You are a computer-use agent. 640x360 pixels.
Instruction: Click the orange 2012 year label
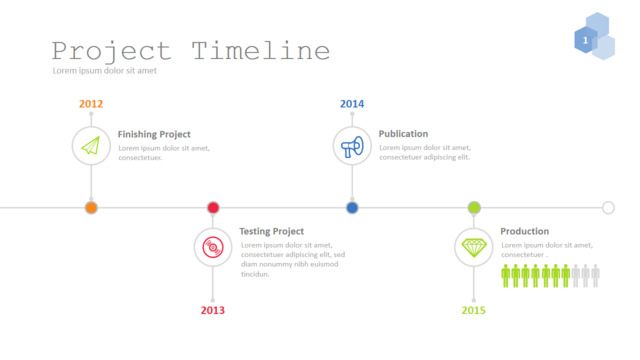91,104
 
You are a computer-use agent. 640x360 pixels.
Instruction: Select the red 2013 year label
212,310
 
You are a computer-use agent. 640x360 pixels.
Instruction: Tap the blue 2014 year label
352,104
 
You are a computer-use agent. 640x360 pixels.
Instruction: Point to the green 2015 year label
473,310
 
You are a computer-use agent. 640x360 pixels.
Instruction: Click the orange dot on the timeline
91,208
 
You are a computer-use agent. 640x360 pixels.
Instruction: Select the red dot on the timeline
213,208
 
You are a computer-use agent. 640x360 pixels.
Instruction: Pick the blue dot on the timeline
352,208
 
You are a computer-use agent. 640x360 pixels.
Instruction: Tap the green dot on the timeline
474,208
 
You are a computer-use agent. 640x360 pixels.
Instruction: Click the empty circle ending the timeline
608,203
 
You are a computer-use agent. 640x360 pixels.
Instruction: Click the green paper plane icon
91,146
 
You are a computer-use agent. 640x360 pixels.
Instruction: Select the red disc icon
213,247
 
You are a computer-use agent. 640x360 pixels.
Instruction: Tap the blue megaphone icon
352,147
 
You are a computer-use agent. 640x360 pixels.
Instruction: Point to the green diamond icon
474,248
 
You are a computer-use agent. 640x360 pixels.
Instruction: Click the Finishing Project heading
154,134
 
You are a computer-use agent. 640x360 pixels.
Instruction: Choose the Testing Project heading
271,231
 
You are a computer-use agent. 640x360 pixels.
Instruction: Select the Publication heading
403,133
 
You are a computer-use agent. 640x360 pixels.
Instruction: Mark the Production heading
524,231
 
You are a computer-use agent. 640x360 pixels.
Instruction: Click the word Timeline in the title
260,51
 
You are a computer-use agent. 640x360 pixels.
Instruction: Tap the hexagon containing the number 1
586,40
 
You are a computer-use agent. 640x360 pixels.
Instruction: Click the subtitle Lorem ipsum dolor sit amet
104,71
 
